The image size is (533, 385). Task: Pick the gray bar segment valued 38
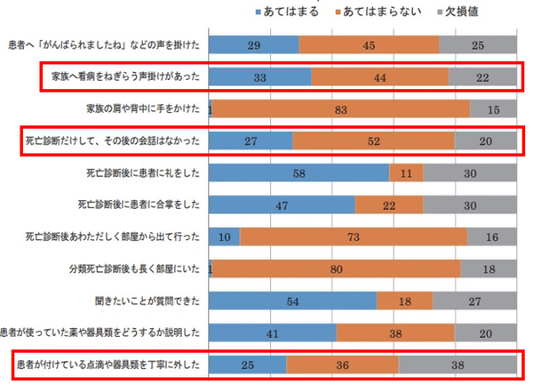(457, 365)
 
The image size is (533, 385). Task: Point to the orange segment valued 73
(354, 237)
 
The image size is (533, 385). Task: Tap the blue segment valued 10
(224, 237)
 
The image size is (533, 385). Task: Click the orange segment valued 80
(336, 269)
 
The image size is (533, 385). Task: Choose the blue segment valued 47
(282, 205)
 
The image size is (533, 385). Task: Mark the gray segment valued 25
(479, 45)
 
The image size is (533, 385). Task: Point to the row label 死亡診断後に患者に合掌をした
(143, 205)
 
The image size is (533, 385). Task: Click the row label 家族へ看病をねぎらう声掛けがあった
(122, 77)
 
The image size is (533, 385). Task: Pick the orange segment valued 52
(373, 141)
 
